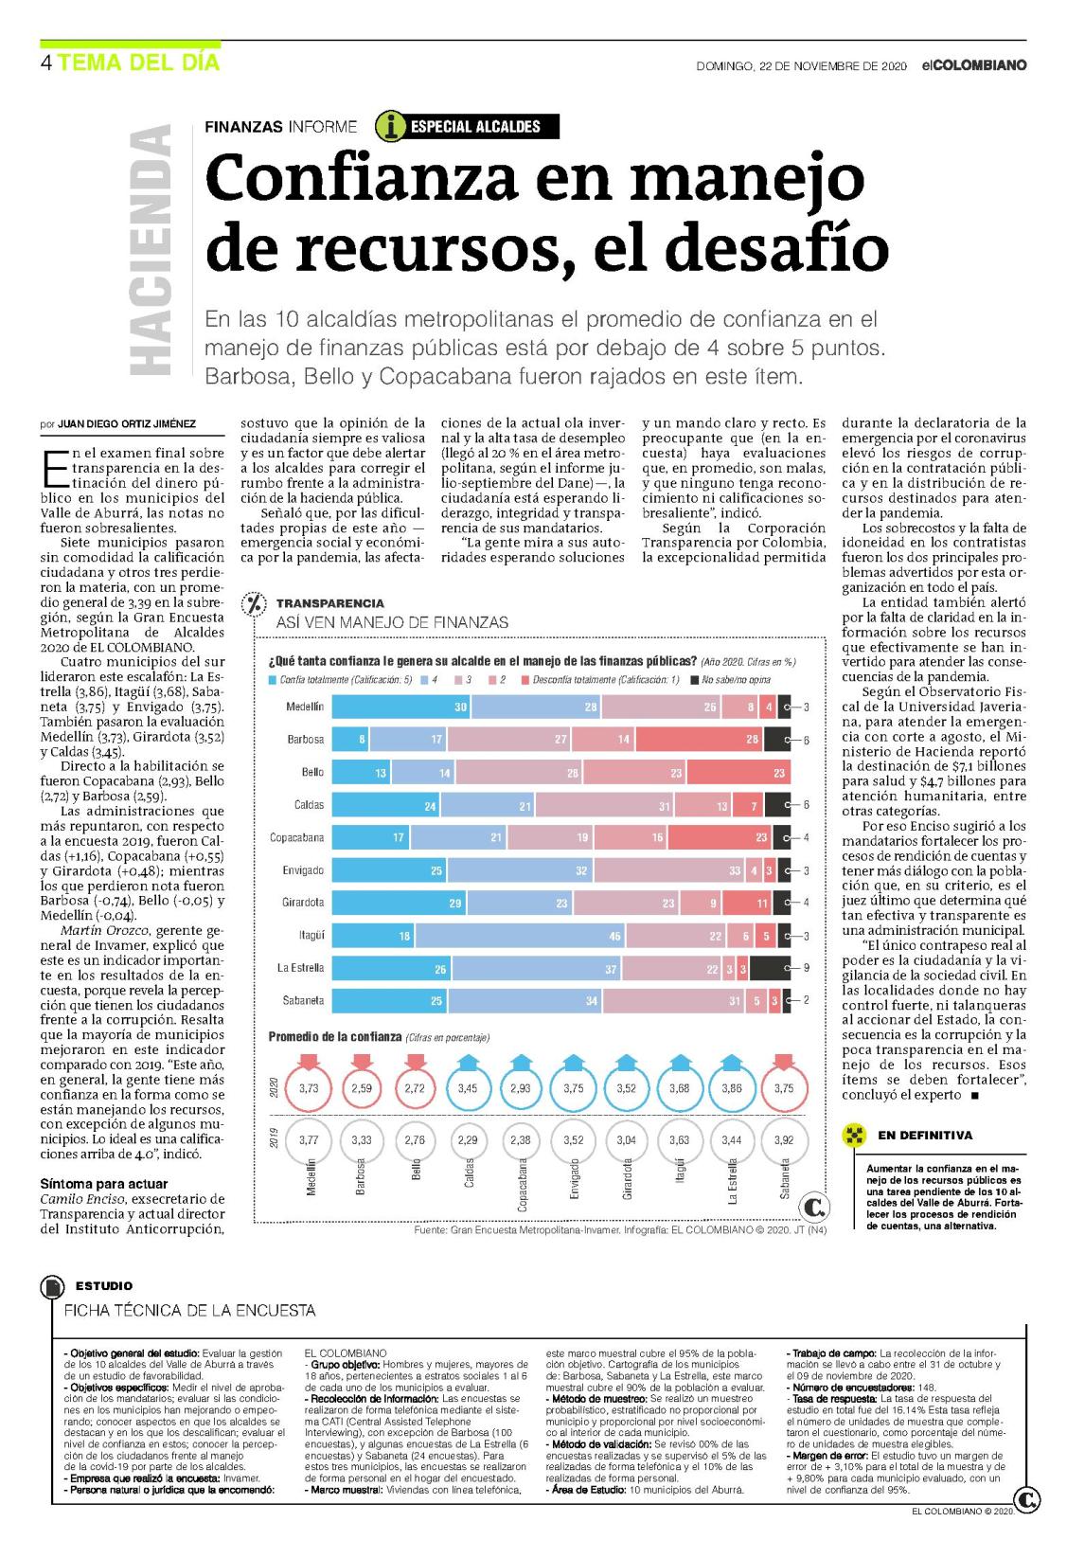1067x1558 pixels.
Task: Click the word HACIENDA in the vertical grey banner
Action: coord(151,250)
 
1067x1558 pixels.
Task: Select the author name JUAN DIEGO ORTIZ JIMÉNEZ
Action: coord(127,423)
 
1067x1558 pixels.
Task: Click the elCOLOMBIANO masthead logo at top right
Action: coord(974,65)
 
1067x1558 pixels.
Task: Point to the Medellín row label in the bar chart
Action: coord(305,707)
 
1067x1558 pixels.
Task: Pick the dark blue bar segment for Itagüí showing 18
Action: coord(373,936)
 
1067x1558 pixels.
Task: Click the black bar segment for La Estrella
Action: coord(770,968)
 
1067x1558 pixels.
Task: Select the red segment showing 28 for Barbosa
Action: coord(700,739)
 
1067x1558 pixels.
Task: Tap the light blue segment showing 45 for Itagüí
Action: coord(521,936)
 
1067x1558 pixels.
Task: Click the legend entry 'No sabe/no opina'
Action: coord(731,679)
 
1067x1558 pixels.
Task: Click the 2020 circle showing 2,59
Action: coord(362,1088)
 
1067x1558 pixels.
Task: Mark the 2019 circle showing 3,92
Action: coord(784,1140)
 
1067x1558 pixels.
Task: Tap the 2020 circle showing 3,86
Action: coord(731,1088)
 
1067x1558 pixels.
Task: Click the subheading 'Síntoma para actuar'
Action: coord(103,1184)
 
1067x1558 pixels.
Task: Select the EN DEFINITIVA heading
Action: coord(924,1135)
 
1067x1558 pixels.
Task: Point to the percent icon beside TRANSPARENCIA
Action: coord(255,603)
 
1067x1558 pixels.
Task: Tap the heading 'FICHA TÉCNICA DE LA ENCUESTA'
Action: coord(189,1311)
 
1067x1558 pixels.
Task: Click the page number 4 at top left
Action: coord(45,63)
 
